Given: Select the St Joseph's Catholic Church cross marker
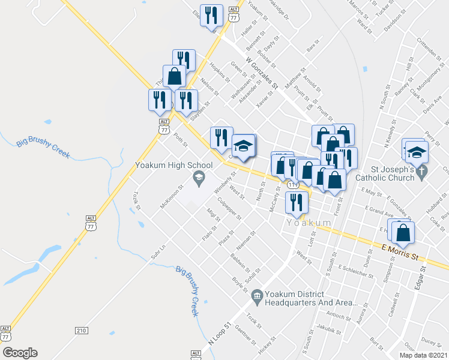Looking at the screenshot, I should point(422,173).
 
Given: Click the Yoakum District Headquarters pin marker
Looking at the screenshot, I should point(257,295).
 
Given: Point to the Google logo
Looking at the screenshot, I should point(20,353).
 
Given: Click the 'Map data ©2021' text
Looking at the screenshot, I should point(424,355).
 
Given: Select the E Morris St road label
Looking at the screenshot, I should point(400,251).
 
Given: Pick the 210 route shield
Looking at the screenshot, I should point(82,331).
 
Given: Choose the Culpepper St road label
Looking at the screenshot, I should point(229,208).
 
